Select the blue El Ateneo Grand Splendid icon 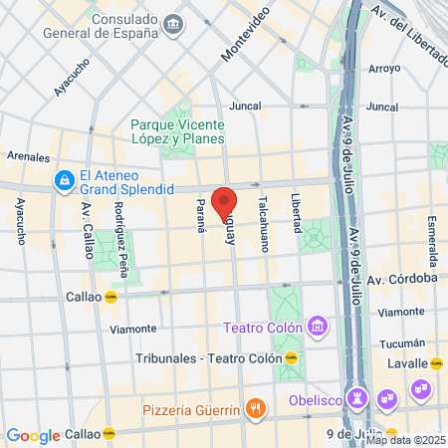point(64,180)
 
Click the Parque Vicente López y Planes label point(178,131)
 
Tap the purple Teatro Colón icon point(318,326)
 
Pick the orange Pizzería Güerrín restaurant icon point(256,408)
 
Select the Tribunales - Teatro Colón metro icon point(292,358)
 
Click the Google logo point(33,435)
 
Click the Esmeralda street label point(432,235)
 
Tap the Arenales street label point(27,156)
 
